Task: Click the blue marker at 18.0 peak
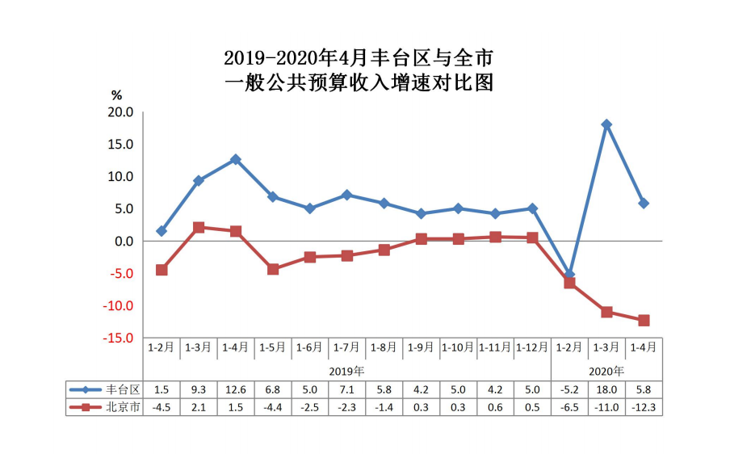tap(606, 124)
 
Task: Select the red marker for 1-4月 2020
tap(644, 321)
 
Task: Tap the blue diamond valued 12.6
tap(235, 160)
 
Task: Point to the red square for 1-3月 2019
tap(198, 228)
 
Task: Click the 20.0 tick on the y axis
tap(120, 112)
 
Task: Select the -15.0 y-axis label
tap(117, 338)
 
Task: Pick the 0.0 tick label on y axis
tap(123, 242)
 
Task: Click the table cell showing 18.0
tap(606, 389)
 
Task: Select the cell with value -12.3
tap(644, 407)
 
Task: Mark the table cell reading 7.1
tap(346, 389)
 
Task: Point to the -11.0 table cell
tap(606, 407)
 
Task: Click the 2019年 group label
tap(346, 371)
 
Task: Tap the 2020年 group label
tap(606, 371)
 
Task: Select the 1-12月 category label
tap(532, 347)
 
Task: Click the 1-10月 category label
tap(458, 347)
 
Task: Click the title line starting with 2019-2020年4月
tap(358, 59)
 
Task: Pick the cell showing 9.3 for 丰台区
tap(198, 389)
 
